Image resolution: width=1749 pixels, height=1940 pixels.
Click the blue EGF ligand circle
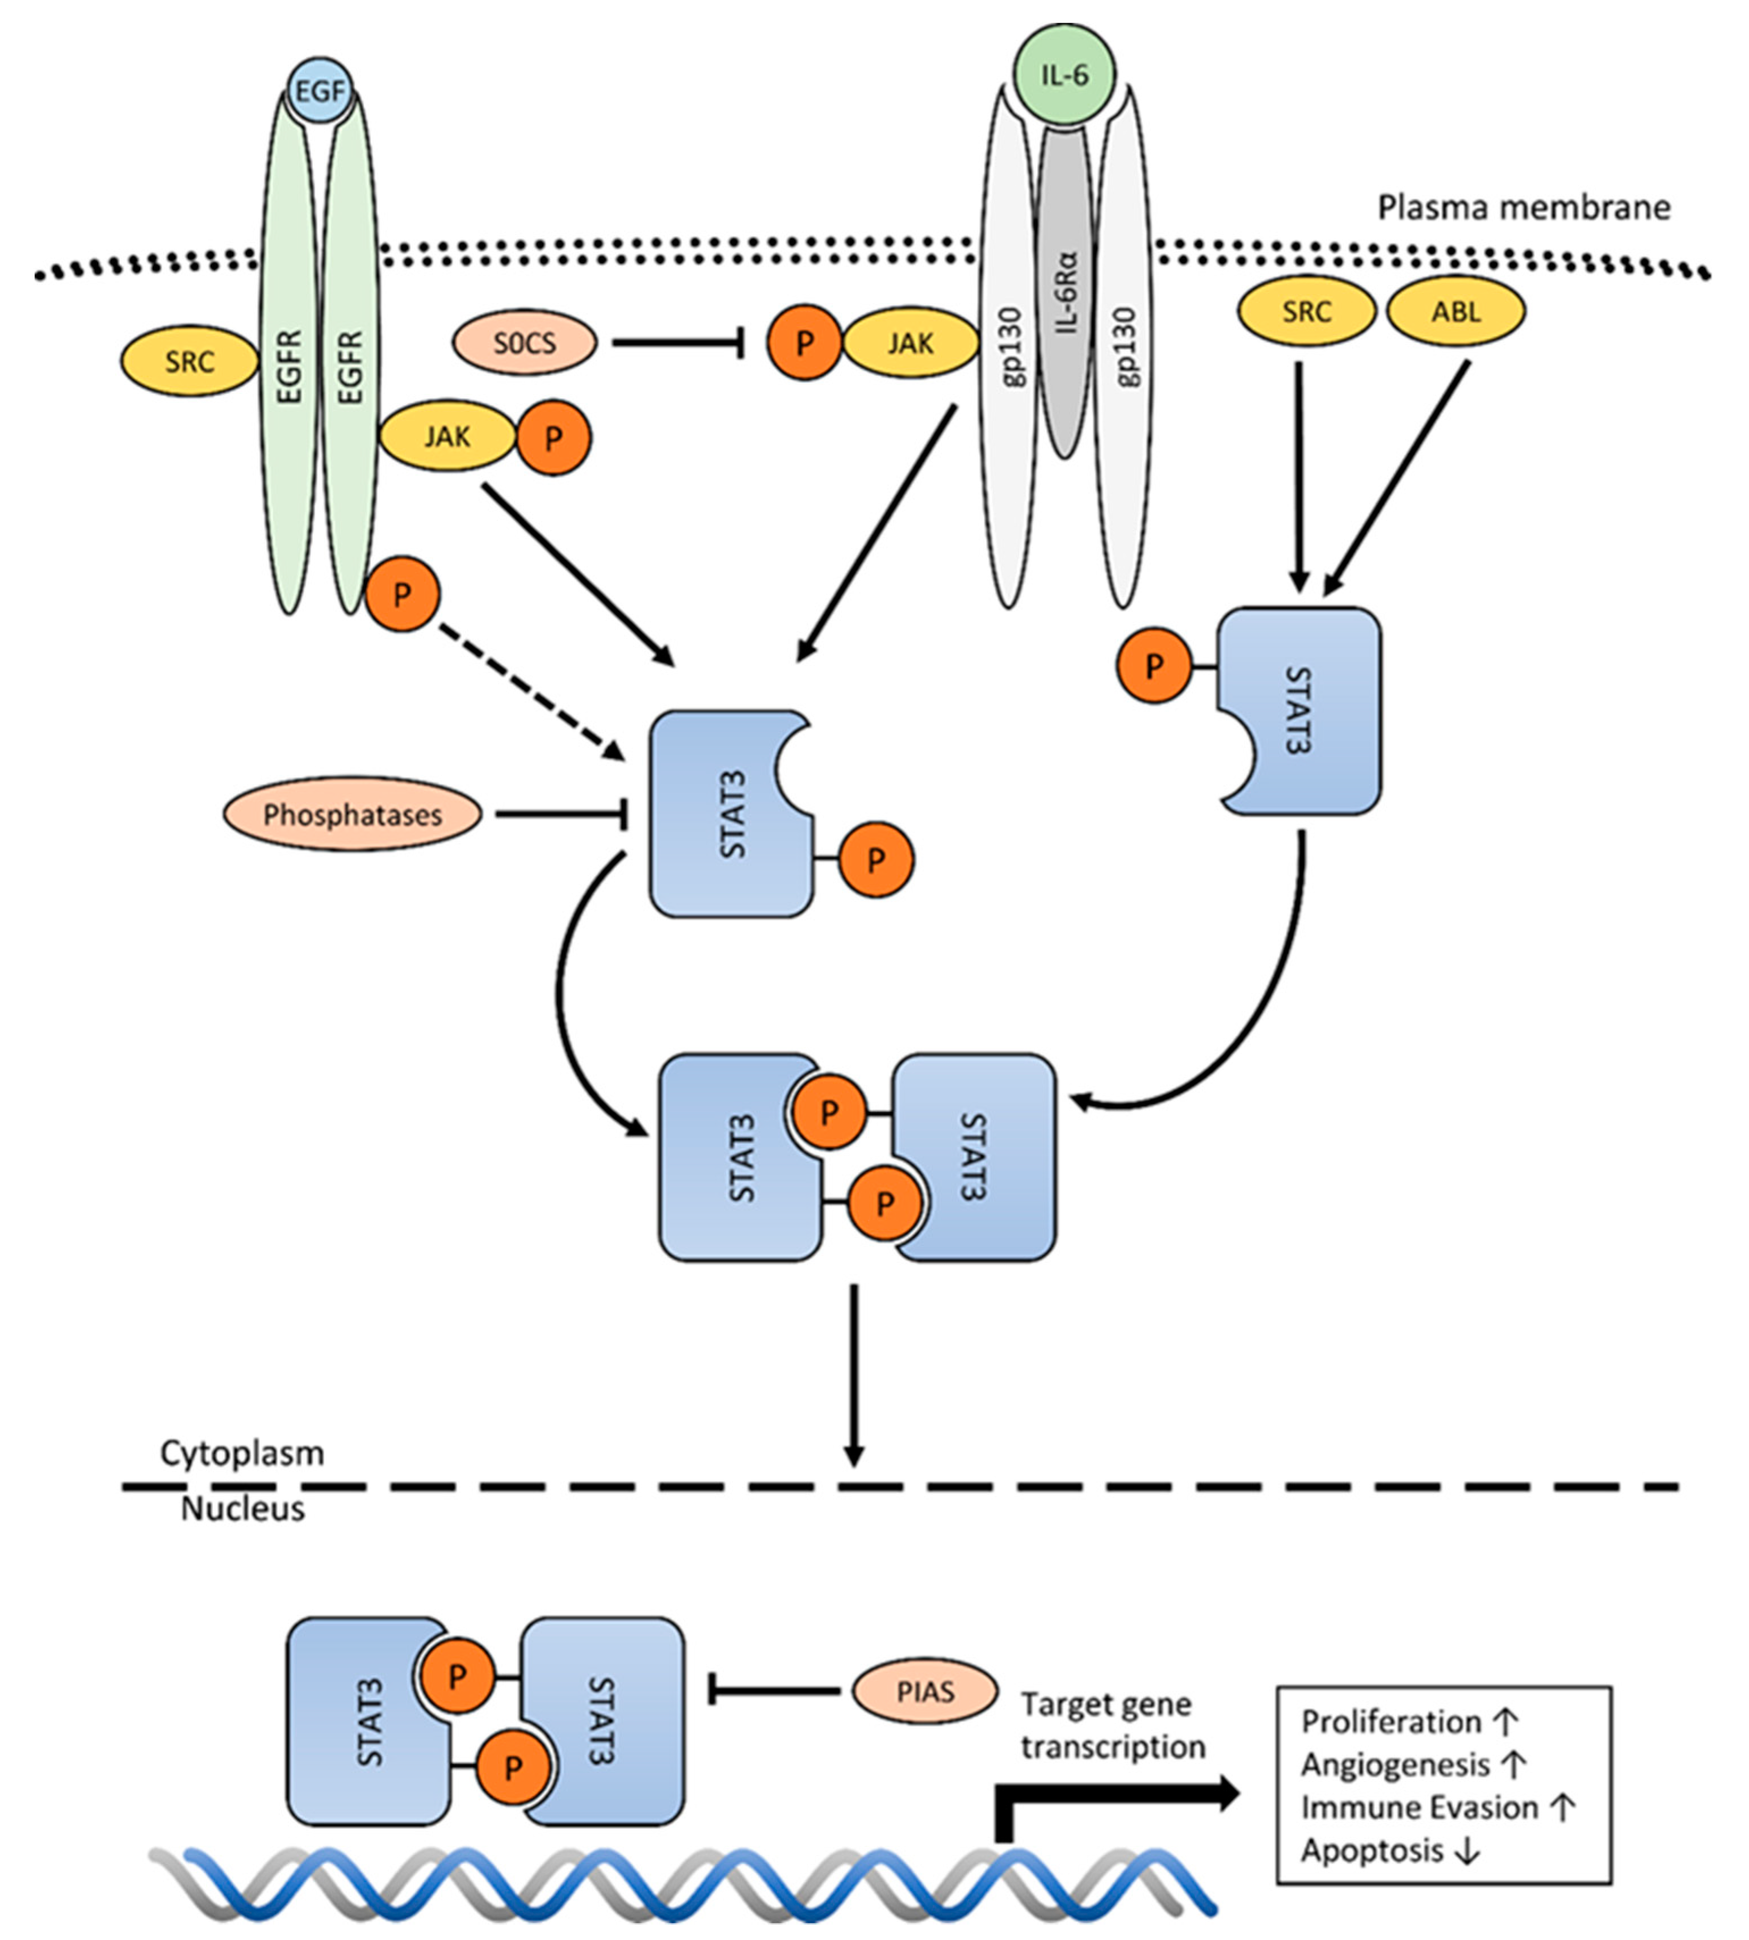(321, 91)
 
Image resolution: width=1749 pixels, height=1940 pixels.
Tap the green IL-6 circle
(1065, 74)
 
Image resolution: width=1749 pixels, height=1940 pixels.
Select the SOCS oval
(525, 342)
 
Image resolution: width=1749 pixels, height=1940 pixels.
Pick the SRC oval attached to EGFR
(189, 362)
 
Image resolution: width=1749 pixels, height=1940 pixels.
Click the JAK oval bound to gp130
(909, 342)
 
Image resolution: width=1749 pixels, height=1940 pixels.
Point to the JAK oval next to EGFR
(448, 437)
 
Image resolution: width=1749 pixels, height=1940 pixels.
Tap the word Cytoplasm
(242, 1453)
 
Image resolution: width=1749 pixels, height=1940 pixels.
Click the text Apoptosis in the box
(1372, 1850)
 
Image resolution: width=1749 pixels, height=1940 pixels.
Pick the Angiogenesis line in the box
(1395, 1764)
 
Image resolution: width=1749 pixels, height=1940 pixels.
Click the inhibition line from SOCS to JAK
(677, 343)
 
